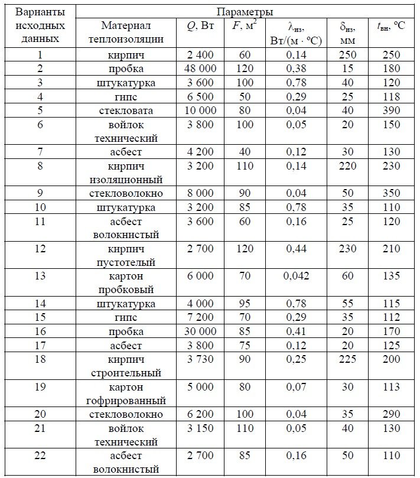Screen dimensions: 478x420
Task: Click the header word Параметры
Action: pyautogui.click(x=244, y=12)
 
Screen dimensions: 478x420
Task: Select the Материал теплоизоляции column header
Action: pyautogui.click(x=126, y=33)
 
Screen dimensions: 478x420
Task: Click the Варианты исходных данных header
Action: pyautogui.click(x=40, y=26)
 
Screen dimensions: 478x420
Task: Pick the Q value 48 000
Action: pyautogui.click(x=201, y=69)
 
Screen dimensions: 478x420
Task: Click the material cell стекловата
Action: pyautogui.click(x=126, y=110)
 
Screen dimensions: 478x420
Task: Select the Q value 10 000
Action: pyautogui.click(x=201, y=110)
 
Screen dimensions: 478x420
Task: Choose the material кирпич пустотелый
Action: pyautogui.click(x=126, y=255)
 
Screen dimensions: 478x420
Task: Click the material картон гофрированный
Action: pyautogui.click(x=126, y=394)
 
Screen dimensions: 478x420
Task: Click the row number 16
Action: pyautogui.click(x=40, y=331)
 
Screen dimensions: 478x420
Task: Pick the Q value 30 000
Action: pyautogui.click(x=201, y=331)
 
